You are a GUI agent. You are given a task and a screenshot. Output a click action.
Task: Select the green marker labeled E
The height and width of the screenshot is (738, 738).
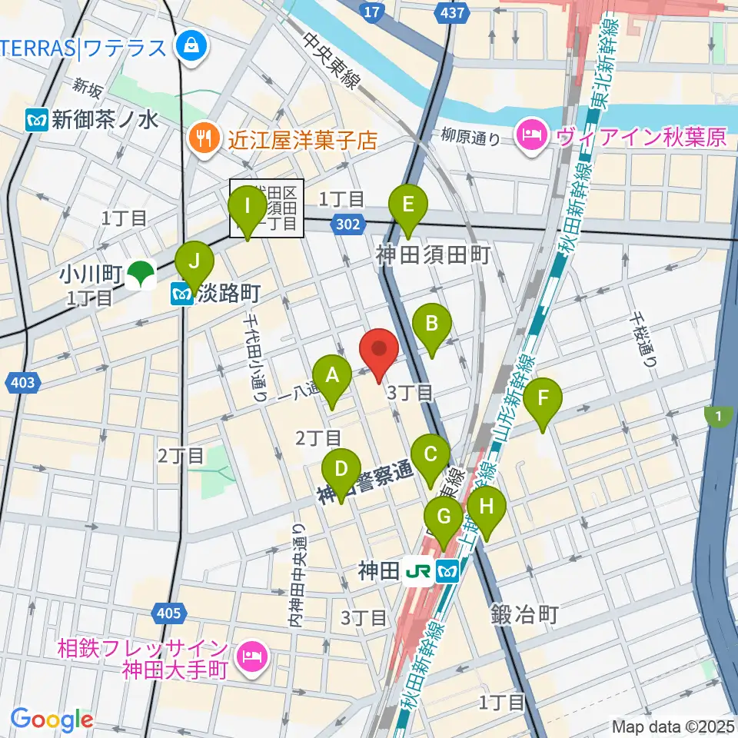click(407, 205)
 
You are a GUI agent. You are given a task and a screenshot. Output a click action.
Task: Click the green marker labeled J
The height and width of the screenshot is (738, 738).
click(195, 261)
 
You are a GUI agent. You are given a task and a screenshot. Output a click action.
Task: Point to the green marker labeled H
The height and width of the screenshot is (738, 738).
click(486, 507)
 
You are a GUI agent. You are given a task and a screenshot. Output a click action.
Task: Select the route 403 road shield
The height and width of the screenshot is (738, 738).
click(24, 381)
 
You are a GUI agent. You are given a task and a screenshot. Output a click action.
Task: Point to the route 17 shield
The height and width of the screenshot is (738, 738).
click(371, 12)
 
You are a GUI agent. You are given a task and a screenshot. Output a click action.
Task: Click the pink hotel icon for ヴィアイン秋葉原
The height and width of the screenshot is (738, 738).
click(531, 136)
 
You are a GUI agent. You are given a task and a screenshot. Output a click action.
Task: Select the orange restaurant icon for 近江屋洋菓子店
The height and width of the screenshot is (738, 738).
click(203, 138)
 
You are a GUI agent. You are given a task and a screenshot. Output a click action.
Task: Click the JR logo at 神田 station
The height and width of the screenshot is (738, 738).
click(418, 570)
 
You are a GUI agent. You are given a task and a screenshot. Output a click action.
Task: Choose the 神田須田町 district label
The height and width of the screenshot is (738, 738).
click(433, 254)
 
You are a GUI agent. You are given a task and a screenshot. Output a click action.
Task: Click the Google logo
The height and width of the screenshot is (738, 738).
click(52, 720)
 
